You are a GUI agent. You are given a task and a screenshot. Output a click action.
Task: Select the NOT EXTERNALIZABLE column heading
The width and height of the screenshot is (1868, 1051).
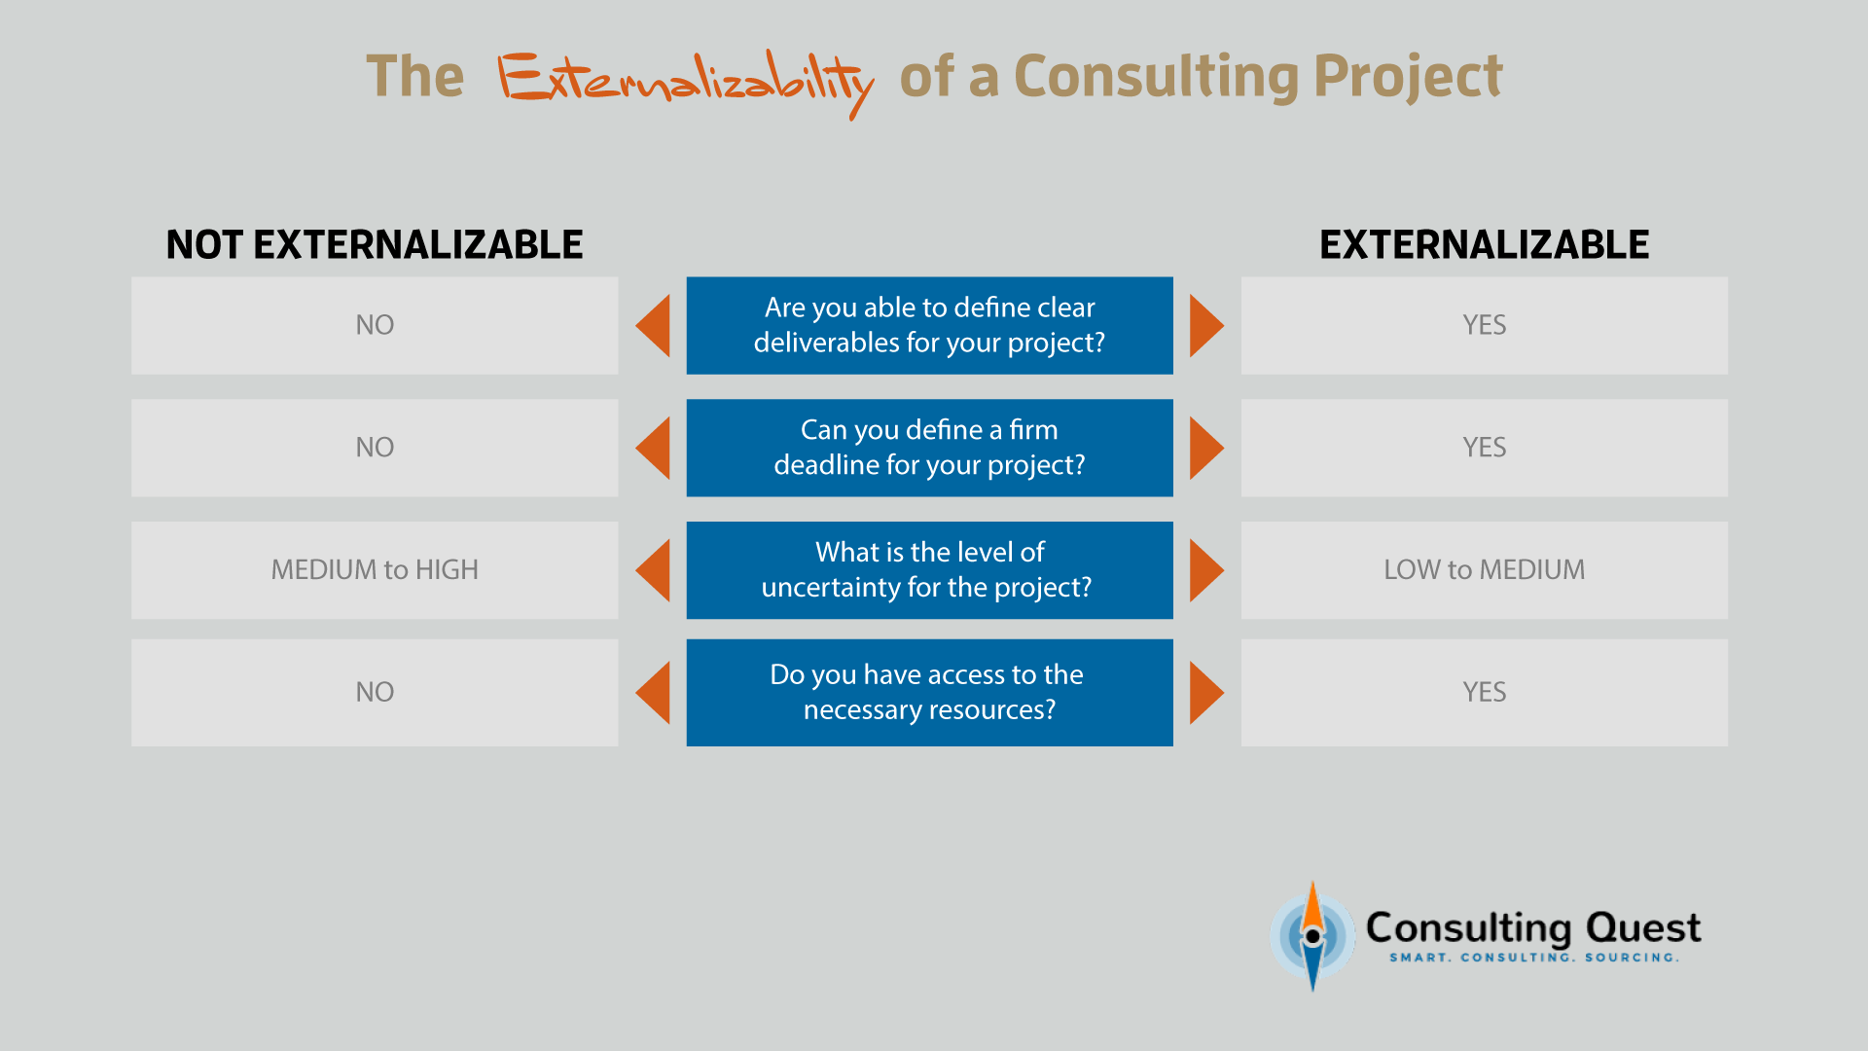(x=375, y=244)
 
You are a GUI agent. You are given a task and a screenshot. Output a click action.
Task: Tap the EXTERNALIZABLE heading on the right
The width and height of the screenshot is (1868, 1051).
(x=1484, y=244)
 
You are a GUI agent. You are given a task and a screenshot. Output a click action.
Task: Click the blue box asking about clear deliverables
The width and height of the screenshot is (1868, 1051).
(x=929, y=325)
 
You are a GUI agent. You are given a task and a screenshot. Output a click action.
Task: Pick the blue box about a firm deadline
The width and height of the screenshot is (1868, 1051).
(x=929, y=448)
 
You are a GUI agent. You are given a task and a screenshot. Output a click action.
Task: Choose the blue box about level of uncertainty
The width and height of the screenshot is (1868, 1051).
(x=929, y=570)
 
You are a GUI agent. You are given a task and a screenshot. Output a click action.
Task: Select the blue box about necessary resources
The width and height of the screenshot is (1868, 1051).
(x=929, y=693)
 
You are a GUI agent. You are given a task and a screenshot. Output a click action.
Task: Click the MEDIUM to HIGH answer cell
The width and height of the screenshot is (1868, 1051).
(x=375, y=570)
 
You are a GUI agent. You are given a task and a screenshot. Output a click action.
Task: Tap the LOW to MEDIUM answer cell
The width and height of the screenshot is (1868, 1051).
(x=1484, y=570)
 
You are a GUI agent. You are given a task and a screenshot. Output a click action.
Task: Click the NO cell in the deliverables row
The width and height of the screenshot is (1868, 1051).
(x=375, y=325)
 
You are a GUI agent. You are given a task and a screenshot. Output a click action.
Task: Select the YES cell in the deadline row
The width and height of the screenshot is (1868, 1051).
(x=1484, y=448)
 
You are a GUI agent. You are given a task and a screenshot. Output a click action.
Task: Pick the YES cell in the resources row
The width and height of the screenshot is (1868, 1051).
(x=1484, y=693)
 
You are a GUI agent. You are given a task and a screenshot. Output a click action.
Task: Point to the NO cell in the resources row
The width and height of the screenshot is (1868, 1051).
(x=375, y=693)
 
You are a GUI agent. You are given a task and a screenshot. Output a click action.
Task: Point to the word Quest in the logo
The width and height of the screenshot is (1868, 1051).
(x=1643, y=928)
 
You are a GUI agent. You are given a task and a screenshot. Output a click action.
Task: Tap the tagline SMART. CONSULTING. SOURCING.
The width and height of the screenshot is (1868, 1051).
(x=1533, y=958)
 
